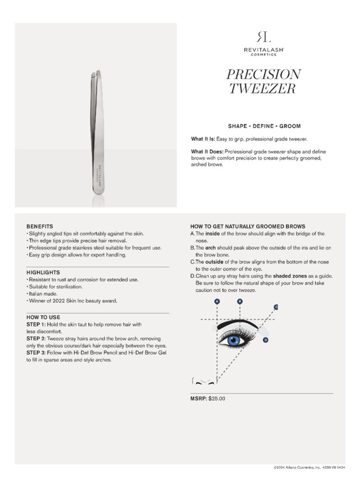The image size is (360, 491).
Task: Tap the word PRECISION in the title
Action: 263,74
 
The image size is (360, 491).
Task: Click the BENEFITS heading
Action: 40,226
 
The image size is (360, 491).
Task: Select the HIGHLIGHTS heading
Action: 43,272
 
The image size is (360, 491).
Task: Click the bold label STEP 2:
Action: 38,338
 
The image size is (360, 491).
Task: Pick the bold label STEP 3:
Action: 38,352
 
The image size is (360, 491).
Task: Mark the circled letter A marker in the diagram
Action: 217,301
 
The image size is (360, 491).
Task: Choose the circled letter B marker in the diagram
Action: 240,301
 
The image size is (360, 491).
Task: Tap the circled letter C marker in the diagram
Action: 276,307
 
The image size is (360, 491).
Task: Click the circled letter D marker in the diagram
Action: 266,340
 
